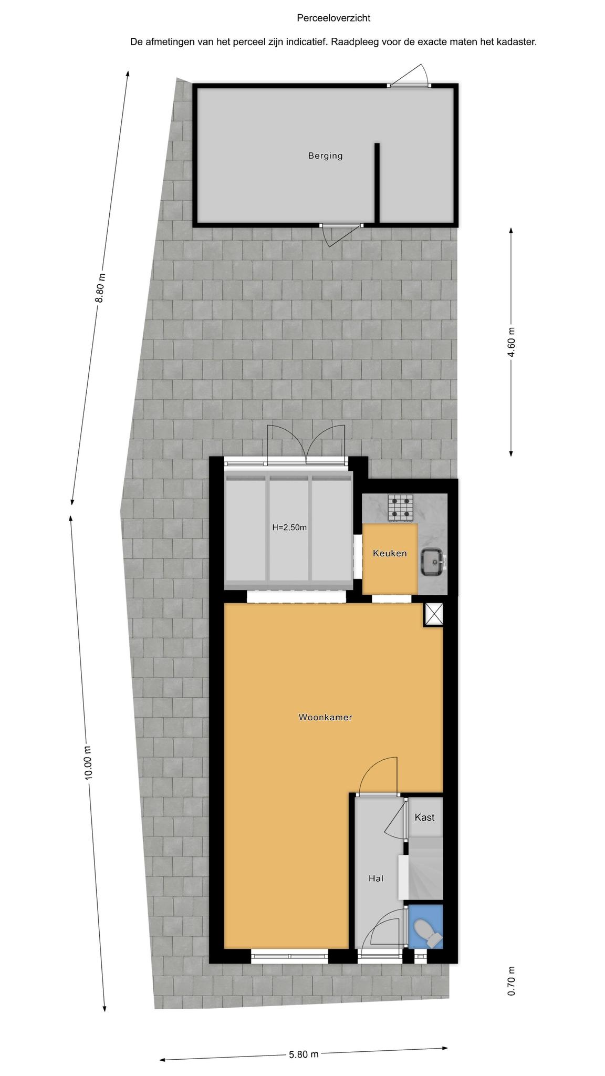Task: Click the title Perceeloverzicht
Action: [333, 18]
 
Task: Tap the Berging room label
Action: [325, 156]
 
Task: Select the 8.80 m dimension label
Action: [100, 288]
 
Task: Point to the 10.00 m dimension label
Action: [88, 763]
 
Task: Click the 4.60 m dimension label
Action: [512, 342]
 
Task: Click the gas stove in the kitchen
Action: [401, 508]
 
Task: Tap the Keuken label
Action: [390, 553]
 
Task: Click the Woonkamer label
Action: [325, 717]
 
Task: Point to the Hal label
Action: [375, 878]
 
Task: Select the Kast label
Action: [424, 817]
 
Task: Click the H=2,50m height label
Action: [289, 527]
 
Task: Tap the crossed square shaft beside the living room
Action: [434, 614]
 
